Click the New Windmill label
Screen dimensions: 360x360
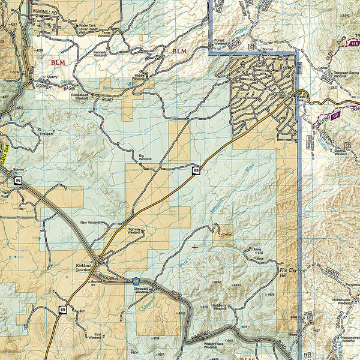pos(92,222)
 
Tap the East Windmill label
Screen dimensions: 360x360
pos(94,336)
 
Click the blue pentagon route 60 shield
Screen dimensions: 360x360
pos(137,281)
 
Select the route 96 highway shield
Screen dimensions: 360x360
pos(18,179)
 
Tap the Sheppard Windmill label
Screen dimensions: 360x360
pos(142,290)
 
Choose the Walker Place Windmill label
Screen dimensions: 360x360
pos(209,345)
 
